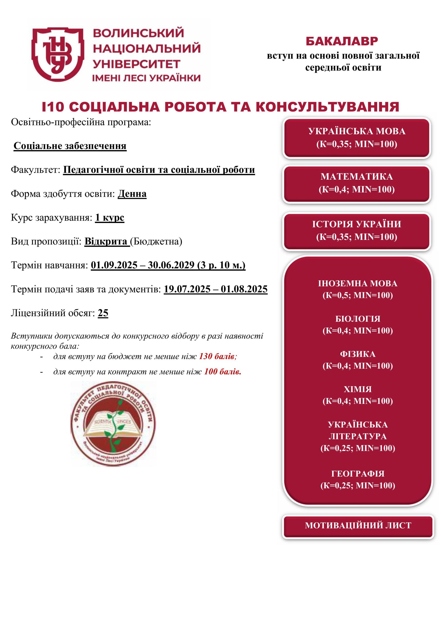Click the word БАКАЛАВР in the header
(x=342, y=41)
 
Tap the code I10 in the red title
(x=53, y=107)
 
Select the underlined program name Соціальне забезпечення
(x=70, y=146)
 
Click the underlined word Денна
(x=132, y=194)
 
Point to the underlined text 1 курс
(x=109, y=218)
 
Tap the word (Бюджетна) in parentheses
(x=156, y=241)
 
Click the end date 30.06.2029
(x=171, y=265)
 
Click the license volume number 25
(x=103, y=313)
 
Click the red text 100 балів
(x=222, y=371)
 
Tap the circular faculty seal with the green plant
(x=113, y=424)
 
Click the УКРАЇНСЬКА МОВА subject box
(x=356, y=138)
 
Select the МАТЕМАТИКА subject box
(x=356, y=183)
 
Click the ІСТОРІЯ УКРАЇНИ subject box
(x=356, y=231)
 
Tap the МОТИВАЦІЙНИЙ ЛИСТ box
(x=358, y=525)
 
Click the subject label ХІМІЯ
(x=358, y=390)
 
